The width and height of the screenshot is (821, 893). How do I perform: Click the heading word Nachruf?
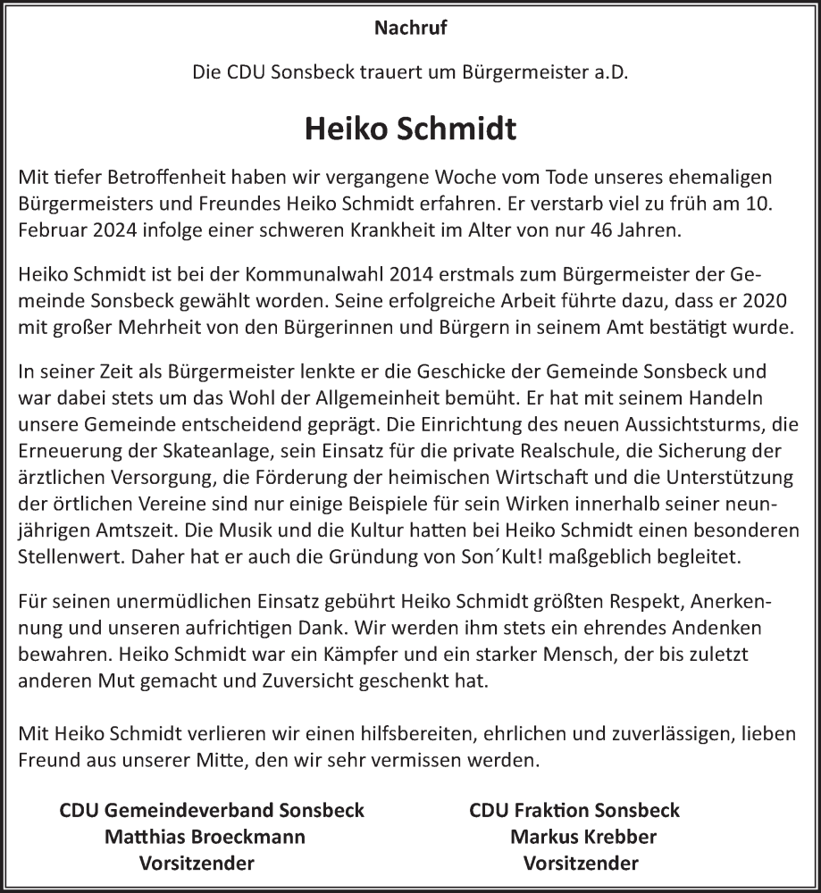410,28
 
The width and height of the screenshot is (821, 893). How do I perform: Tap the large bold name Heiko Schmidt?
410,129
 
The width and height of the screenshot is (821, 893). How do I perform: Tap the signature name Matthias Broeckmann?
205,837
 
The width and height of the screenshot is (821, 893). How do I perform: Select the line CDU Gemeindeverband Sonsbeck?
212,811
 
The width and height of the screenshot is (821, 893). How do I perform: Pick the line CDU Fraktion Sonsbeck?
574,811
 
